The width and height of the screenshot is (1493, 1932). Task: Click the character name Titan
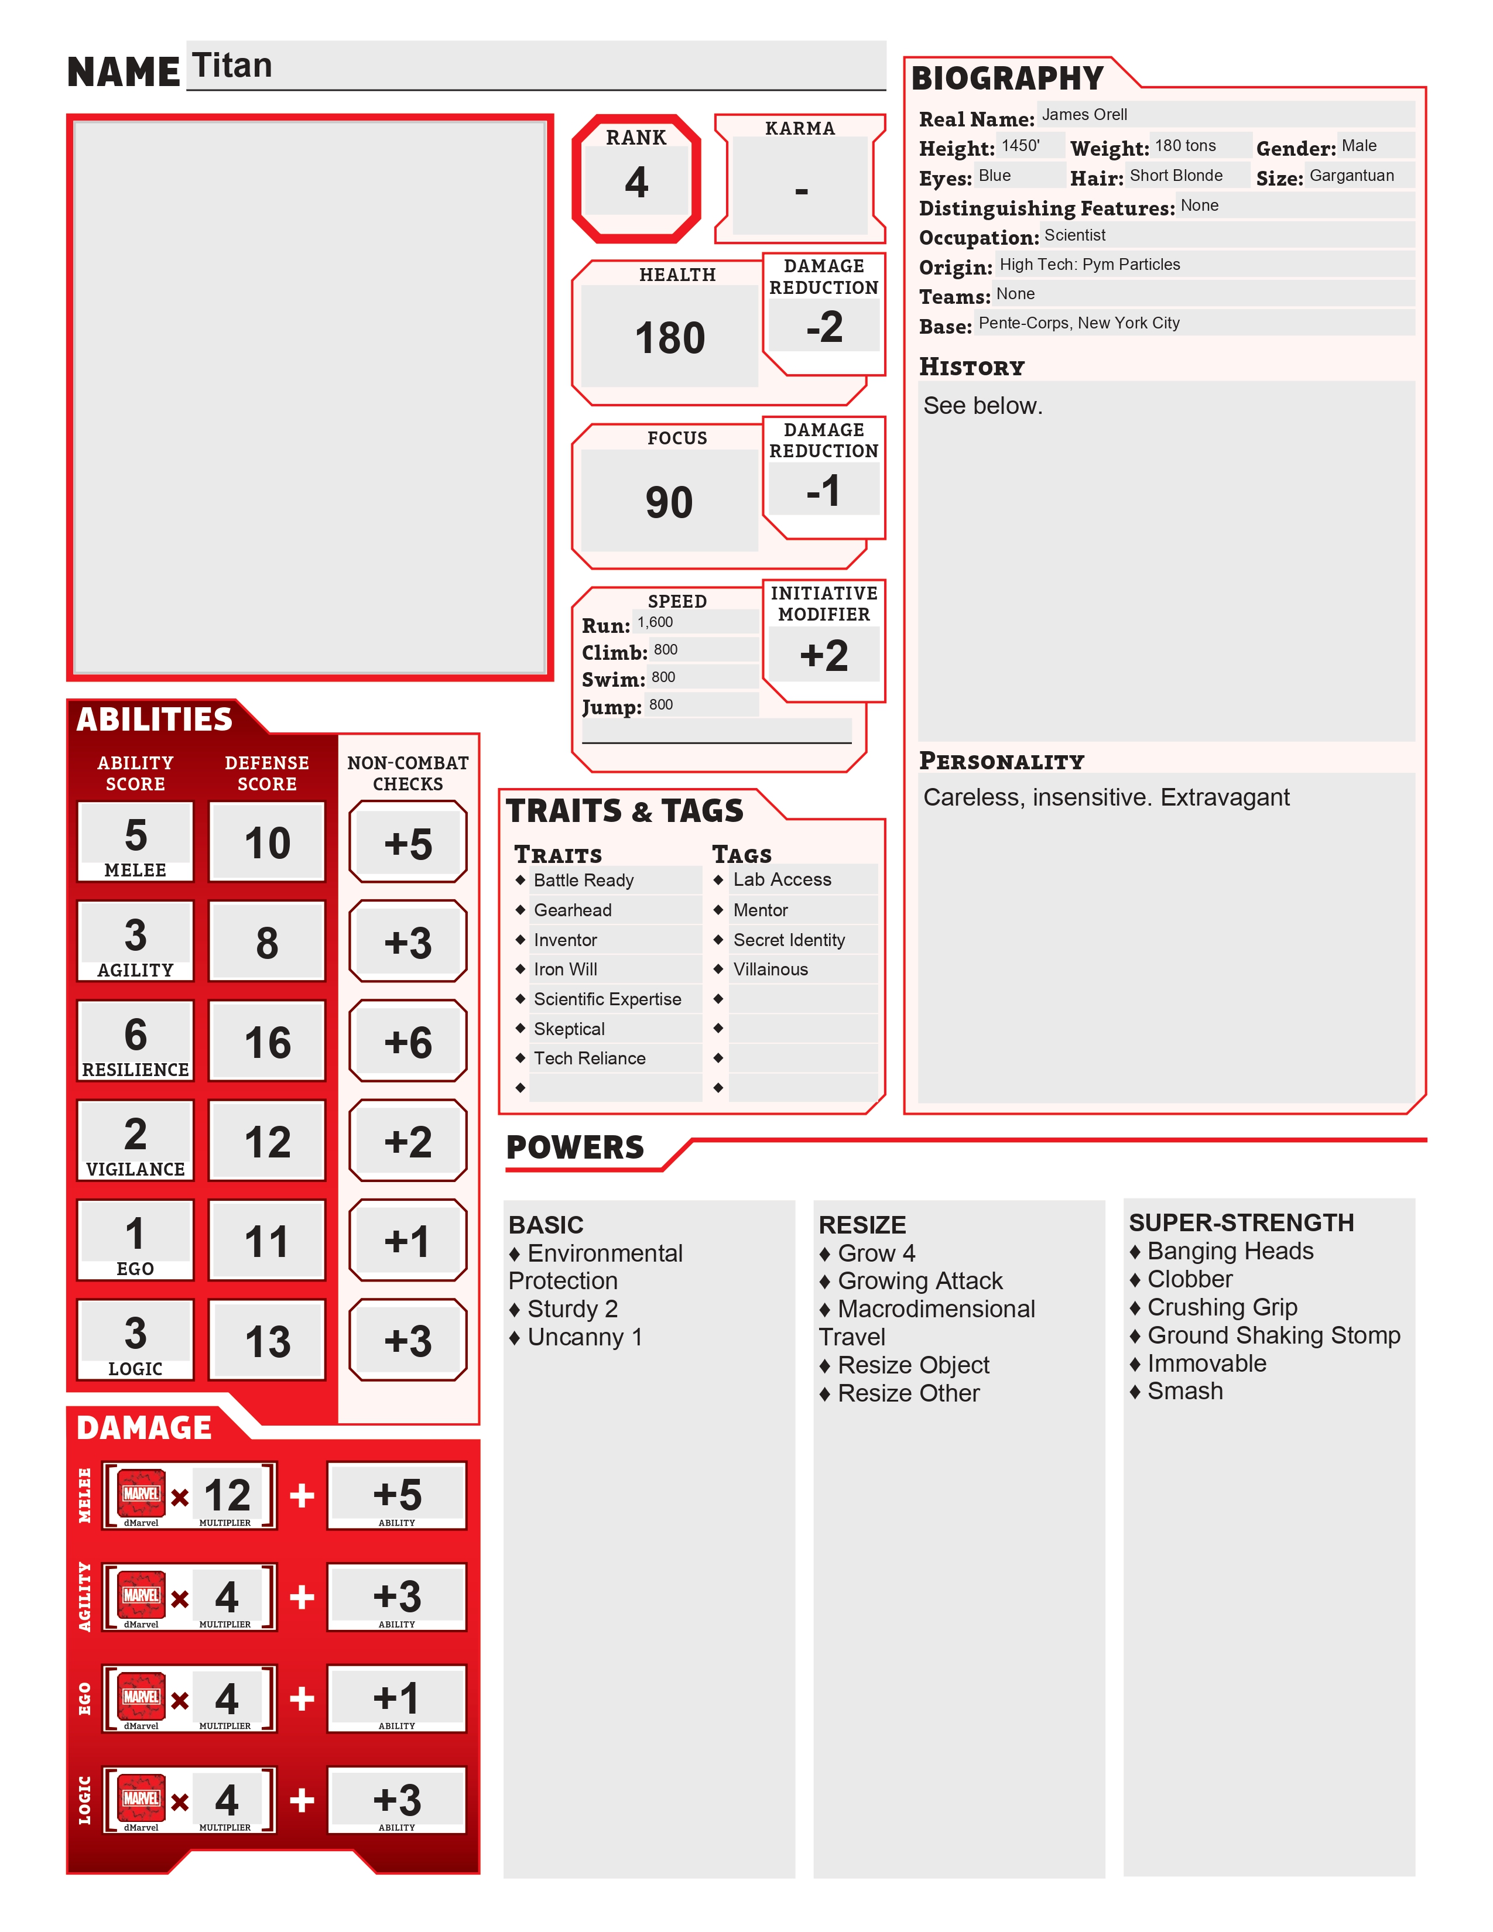(232, 66)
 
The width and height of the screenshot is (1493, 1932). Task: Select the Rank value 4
(636, 182)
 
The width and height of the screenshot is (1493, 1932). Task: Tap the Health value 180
(670, 338)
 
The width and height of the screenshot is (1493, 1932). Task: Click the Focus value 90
(669, 502)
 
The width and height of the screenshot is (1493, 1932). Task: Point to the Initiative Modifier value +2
(823, 656)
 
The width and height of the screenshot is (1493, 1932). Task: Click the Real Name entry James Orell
(1084, 115)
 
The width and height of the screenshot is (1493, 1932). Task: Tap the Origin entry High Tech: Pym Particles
(1090, 265)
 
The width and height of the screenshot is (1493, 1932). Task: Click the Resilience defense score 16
(267, 1042)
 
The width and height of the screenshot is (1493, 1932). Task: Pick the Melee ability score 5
(135, 835)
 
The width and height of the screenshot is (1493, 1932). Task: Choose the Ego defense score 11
(267, 1241)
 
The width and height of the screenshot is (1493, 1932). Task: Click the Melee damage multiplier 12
(227, 1495)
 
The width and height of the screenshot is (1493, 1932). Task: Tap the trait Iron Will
(565, 970)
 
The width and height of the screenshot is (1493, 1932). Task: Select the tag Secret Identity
(789, 940)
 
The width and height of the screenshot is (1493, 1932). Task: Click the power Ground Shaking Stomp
(1273, 1335)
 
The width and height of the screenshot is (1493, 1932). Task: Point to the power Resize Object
(913, 1365)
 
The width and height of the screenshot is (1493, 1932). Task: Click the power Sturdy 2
(572, 1309)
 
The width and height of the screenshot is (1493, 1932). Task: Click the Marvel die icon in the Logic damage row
(142, 1799)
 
